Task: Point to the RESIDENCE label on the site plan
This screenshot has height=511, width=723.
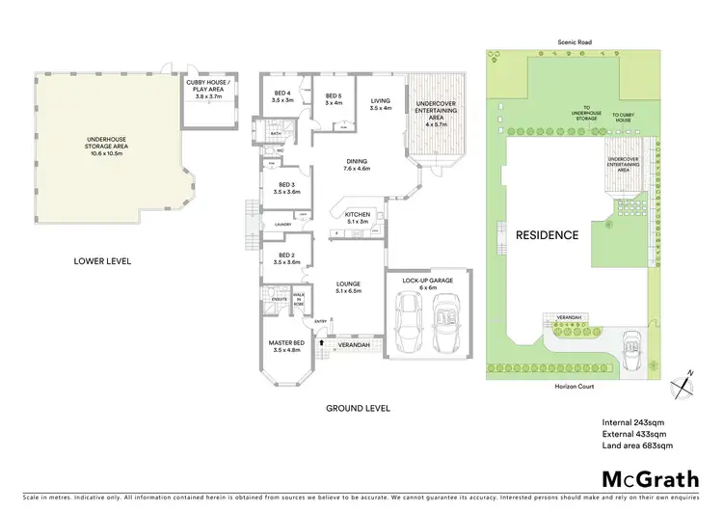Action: pos(546,234)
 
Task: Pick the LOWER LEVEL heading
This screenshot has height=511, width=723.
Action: pos(102,260)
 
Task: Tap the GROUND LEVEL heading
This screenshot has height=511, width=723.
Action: pos(358,408)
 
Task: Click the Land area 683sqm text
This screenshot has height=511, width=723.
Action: pos(637,445)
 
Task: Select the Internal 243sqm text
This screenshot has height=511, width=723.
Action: pos(629,421)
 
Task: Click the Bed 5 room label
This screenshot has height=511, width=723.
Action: pos(334,100)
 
